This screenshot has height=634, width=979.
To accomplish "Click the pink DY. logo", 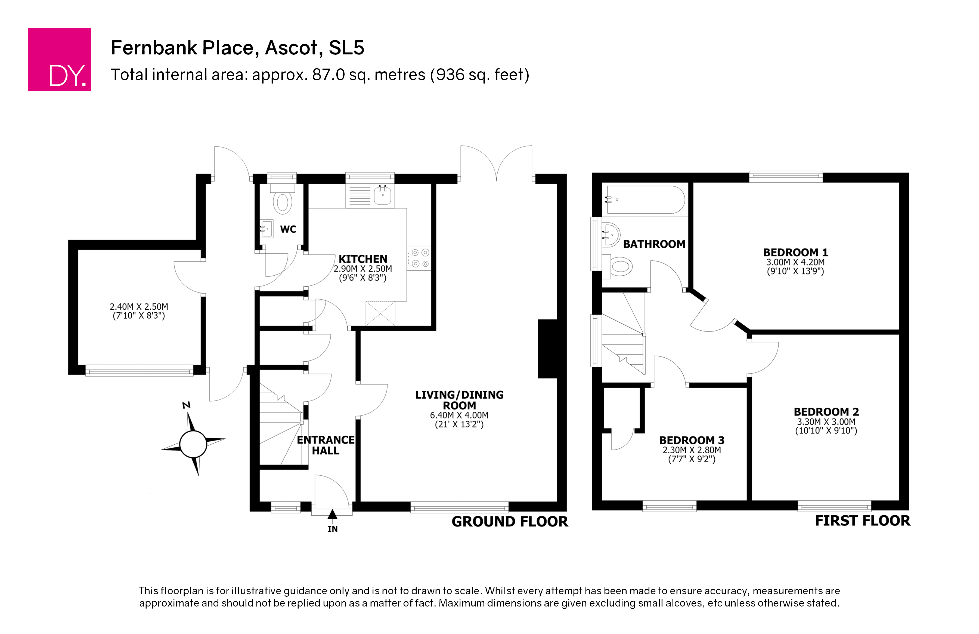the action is pos(59,59).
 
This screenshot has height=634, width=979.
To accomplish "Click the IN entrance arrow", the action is pos(332,514).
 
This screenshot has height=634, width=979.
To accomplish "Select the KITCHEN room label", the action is pos(363,259).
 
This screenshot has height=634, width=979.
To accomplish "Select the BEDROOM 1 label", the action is pos(795,252).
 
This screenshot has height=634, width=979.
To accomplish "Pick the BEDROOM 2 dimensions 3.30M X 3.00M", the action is pos(826,421).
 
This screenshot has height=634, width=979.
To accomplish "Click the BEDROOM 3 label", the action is pos(692,440).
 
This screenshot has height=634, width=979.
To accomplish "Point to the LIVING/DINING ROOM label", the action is pos(460,400).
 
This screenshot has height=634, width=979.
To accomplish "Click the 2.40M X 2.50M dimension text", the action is pos(139,307).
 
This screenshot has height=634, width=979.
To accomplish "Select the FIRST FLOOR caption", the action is pos(863,521).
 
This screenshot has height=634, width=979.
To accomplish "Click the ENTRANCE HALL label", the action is pos(326,445).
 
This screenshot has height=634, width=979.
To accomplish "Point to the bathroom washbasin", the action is pos(611,235).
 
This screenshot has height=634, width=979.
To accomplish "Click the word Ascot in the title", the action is pos(291,48).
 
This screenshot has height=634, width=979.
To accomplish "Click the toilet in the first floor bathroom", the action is pos(618,266).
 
